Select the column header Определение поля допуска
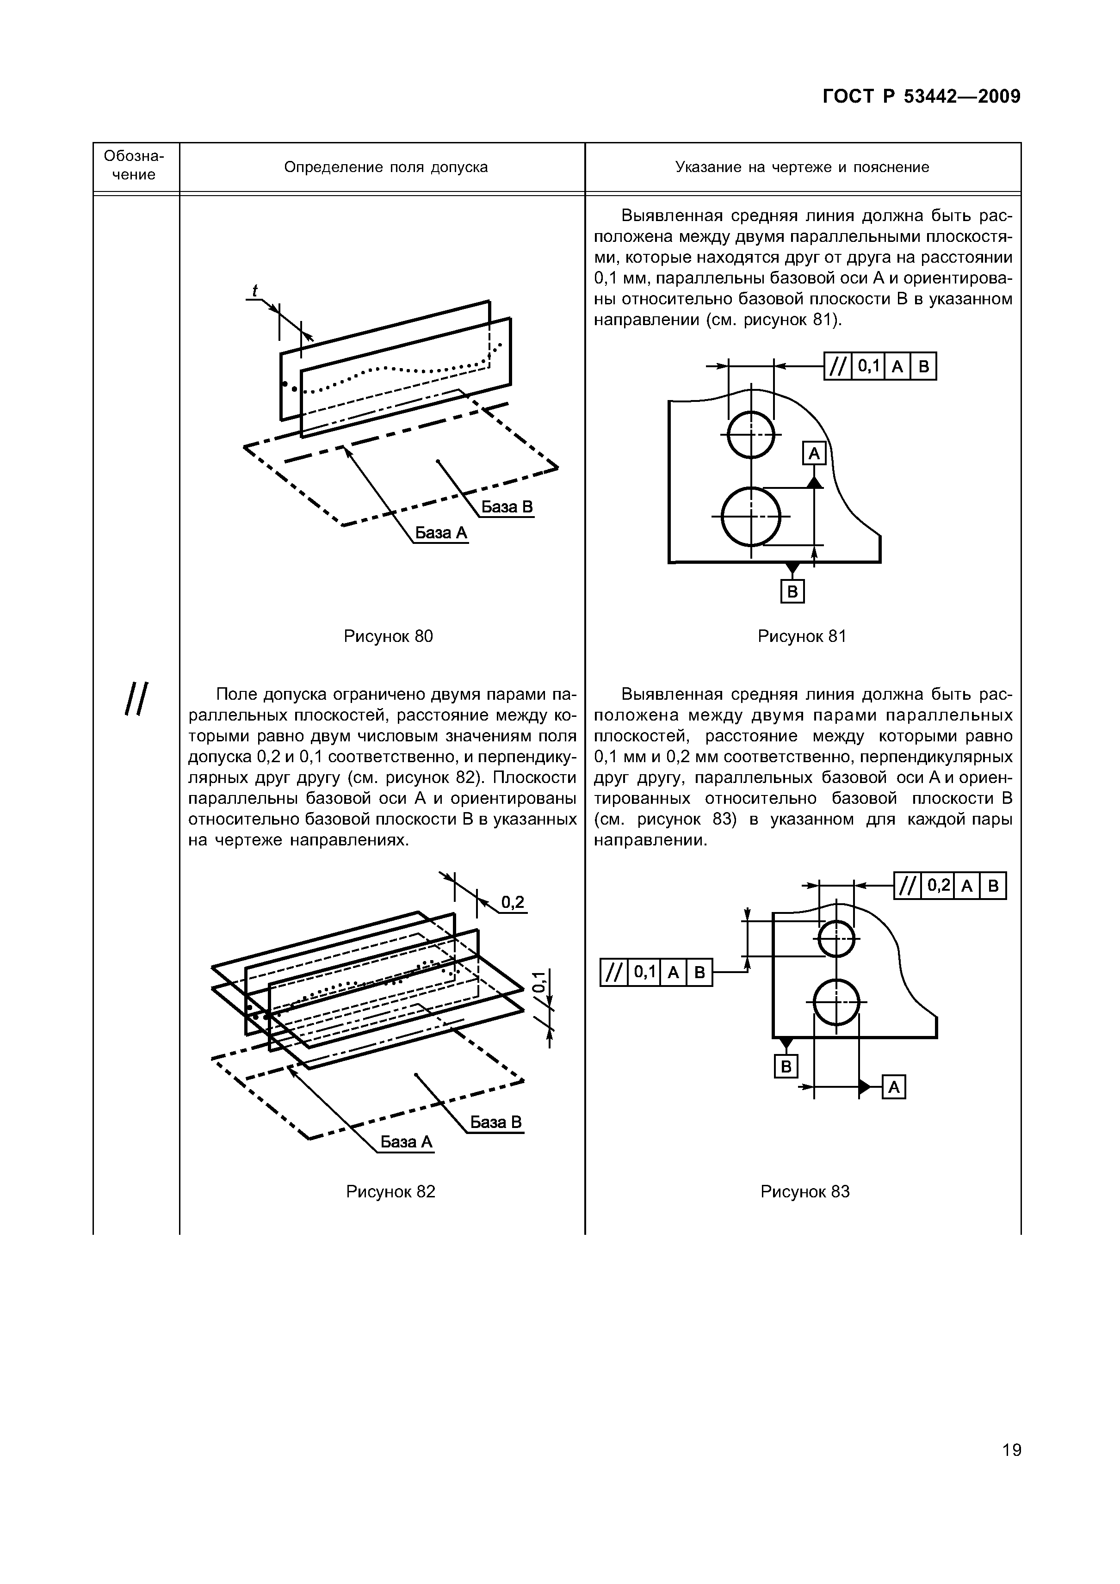386,167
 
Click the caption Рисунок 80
389,636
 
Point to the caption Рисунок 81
802,636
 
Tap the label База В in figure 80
507,507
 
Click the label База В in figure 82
496,1122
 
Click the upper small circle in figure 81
751,435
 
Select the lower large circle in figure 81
751,515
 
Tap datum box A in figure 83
894,1088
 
